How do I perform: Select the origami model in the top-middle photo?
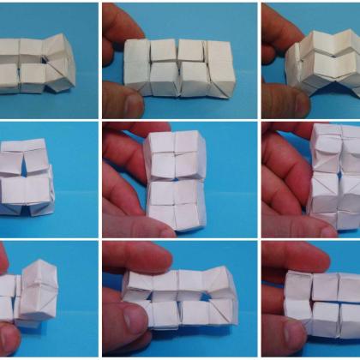[x=178, y=66]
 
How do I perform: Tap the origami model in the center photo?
[x=176, y=180]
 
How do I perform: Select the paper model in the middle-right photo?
[x=334, y=180]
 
